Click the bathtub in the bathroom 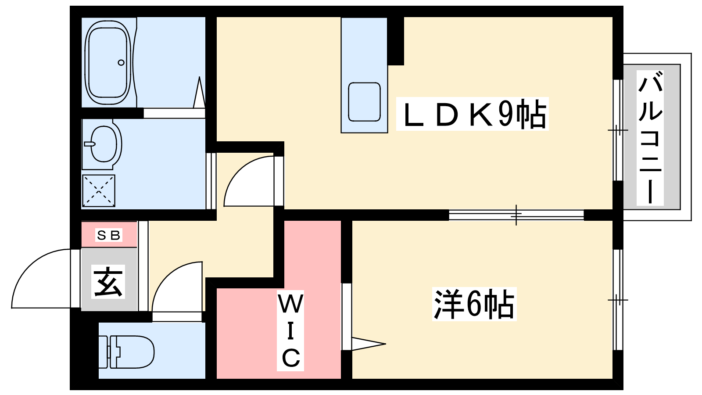tap(108, 62)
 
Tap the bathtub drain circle tap(121, 62)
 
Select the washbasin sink tap(104, 144)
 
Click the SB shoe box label tap(108, 235)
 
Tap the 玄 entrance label tap(108, 282)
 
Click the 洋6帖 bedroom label tap(474, 304)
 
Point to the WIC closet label tap(290, 330)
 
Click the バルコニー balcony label tap(650, 138)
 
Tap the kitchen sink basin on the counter tap(364, 102)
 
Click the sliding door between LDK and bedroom tap(516, 215)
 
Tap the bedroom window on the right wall tap(618, 300)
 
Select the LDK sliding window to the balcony tap(618, 130)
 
